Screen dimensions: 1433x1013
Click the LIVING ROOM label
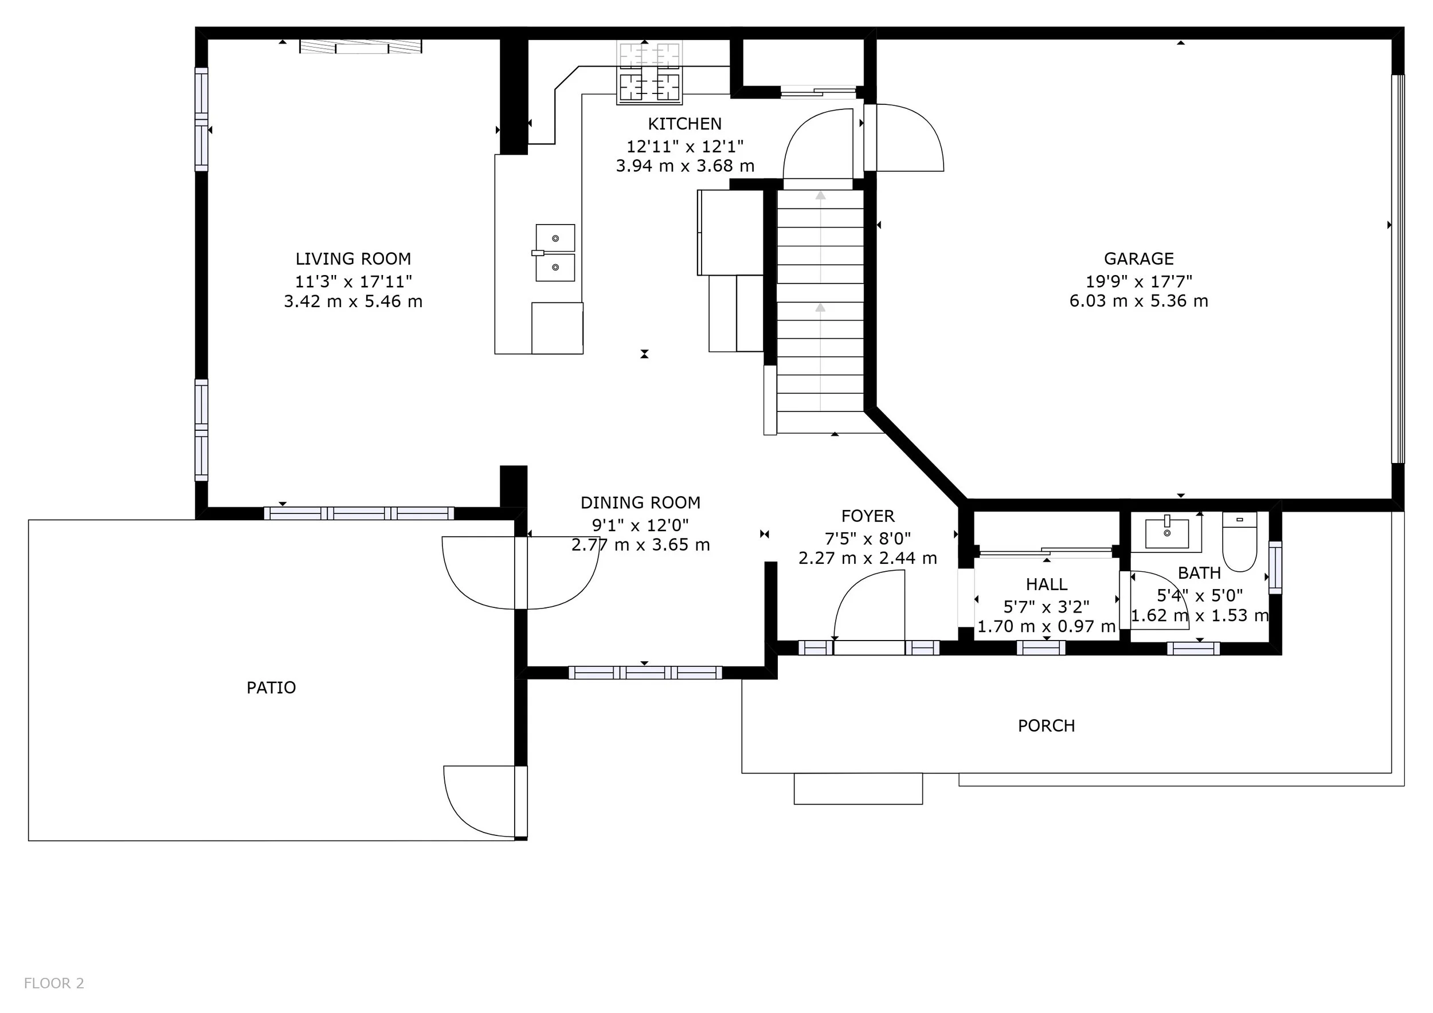[353, 259]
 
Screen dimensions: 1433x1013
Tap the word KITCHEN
[684, 124]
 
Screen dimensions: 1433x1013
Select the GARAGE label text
[1139, 258]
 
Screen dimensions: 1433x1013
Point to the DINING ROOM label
[640, 502]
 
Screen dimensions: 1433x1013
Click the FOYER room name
[868, 516]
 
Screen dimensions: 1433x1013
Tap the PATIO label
[271, 688]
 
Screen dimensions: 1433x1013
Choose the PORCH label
[1047, 725]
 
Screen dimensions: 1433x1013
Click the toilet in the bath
[1239, 541]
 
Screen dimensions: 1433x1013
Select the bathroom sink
[1166, 533]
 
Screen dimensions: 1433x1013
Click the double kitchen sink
[555, 253]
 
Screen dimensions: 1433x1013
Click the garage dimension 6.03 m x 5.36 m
[1139, 301]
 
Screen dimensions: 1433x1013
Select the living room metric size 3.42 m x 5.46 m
[353, 301]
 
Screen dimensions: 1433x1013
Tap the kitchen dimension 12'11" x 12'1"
[684, 146]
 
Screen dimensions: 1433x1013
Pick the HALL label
[1047, 584]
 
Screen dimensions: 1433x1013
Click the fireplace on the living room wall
[361, 46]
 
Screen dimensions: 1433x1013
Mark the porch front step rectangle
[858, 788]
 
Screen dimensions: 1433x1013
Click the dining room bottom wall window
[645, 673]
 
